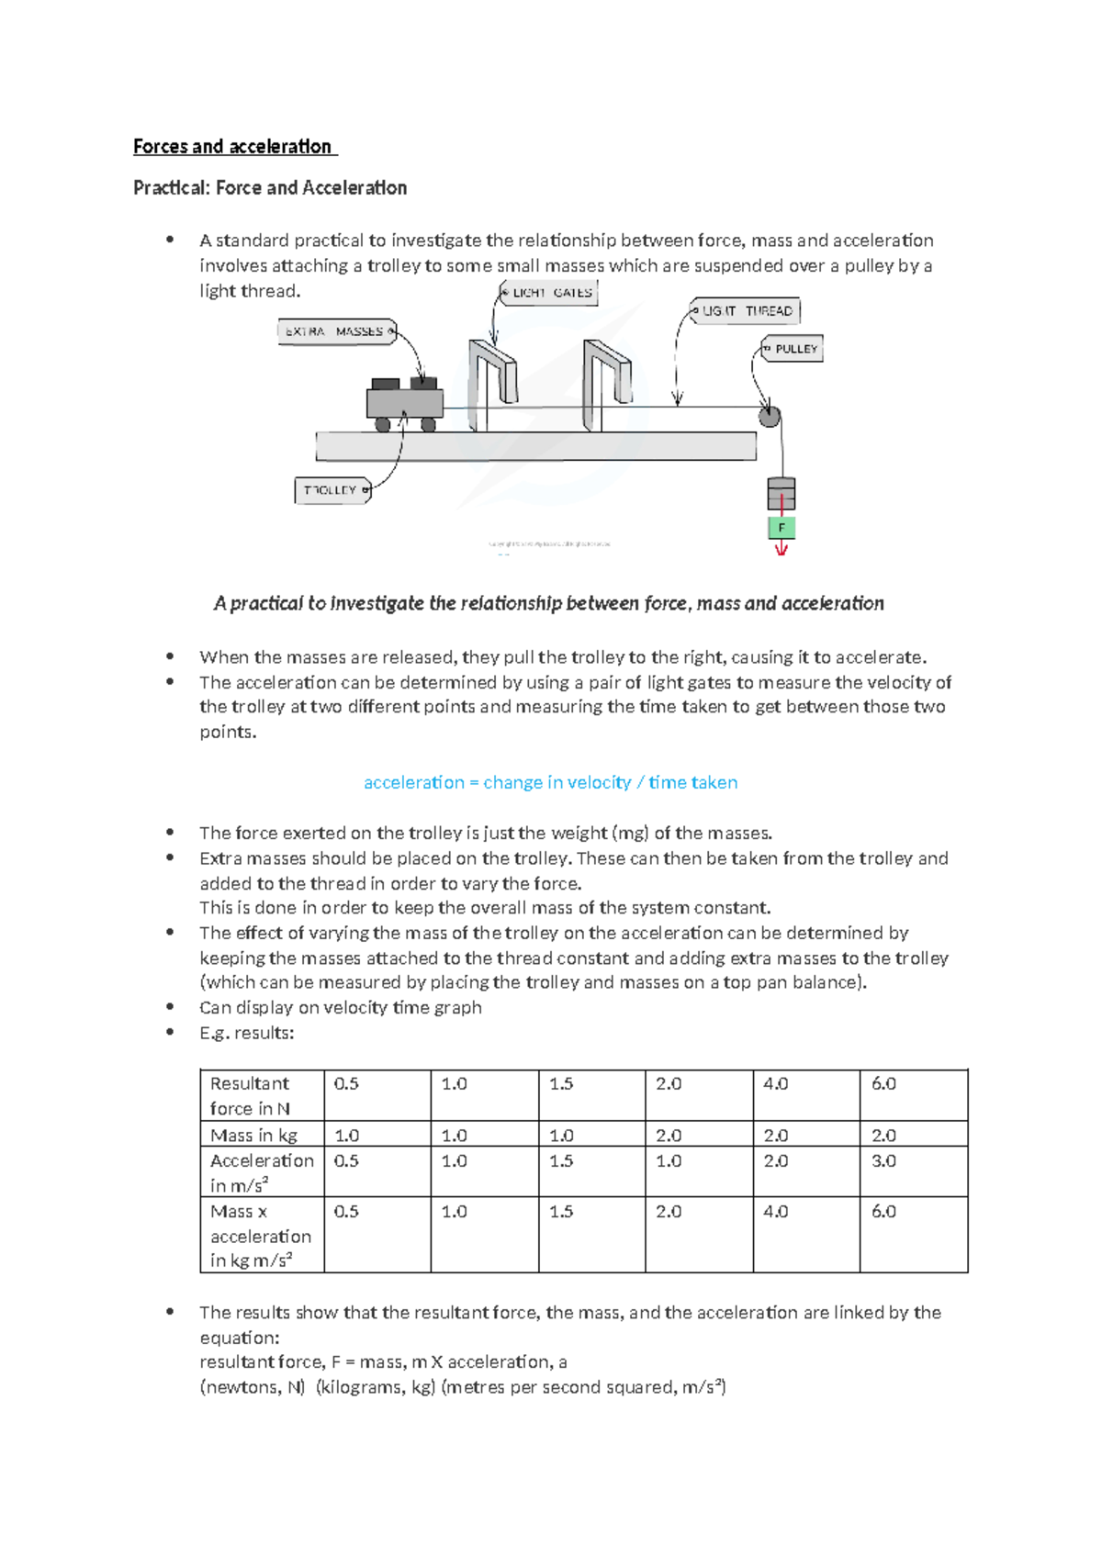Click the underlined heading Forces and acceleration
coord(234,146)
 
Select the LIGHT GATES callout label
coord(550,293)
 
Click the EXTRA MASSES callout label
coord(336,331)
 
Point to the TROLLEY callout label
coord(332,490)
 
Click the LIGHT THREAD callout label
coord(746,311)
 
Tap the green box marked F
coord(782,528)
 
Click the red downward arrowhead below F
coord(782,550)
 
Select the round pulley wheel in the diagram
coord(770,418)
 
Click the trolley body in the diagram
coord(404,403)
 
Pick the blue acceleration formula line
coord(550,782)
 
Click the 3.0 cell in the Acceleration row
coord(883,1161)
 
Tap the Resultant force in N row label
coord(250,1095)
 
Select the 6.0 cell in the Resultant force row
coord(883,1084)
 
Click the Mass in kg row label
coord(253,1136)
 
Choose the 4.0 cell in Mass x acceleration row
coord(776,1212)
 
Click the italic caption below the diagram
coord(548,603)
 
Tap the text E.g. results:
coord(246,1033)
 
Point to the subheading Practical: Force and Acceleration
coord(270,188)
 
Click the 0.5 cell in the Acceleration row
coord(346,1161)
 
